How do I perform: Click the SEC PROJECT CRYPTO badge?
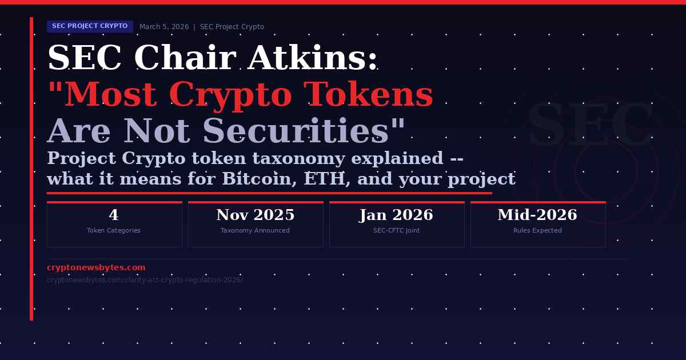coord(90,26)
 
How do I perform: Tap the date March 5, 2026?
coord(163,27)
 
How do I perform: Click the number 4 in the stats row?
coord(114,215)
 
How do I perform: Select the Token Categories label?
coord(114,231)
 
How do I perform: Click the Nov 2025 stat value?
coord(255,215)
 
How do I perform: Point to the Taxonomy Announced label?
coord(255,231)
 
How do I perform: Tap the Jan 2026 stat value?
coord(396,215)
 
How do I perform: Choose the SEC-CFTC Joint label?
coord(396,231)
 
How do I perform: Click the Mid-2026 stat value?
coord(537,215)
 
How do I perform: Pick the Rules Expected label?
coord(537,231)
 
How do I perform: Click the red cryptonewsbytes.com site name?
coord(96,268)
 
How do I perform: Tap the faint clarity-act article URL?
coord(145,280)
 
